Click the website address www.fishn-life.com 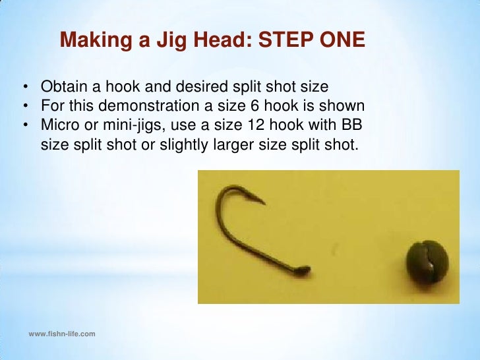62,334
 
